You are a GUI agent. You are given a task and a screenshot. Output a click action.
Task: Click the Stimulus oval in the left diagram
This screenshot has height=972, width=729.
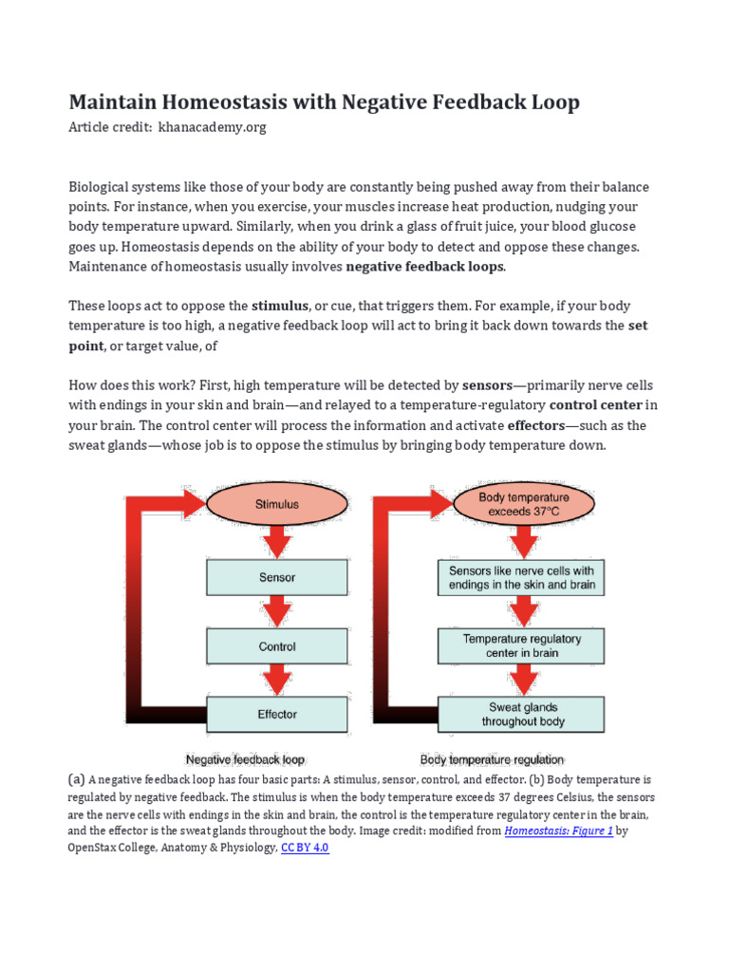coord(277,505)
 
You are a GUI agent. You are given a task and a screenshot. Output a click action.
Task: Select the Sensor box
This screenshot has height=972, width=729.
coord(277,577)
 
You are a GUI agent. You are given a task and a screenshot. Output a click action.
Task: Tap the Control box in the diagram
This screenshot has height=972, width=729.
coord(277,646)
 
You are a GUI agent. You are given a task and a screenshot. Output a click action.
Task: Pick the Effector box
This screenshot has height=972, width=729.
coord(277,714)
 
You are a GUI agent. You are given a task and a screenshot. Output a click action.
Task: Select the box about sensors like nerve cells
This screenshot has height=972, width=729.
coord(521,577)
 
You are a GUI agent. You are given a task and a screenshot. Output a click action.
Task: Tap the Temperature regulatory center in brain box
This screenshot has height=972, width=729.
coord(521,646)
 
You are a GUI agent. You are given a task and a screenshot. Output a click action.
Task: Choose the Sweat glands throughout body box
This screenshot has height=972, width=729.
coord(521,714)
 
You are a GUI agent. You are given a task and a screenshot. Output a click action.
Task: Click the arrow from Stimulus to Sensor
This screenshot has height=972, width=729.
coord(277,541)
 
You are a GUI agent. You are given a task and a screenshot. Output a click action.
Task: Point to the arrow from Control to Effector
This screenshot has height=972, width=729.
coord(277,680)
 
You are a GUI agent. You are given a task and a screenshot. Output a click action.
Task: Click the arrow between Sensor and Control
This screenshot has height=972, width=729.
coord(277,611)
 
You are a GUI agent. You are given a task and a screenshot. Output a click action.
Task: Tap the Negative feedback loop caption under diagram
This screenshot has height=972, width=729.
coord(245,759)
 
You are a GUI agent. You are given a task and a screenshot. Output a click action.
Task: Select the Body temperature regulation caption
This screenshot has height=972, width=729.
coord(492,759)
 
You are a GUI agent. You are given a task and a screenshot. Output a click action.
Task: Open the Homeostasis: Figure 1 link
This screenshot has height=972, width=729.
coord(558,831)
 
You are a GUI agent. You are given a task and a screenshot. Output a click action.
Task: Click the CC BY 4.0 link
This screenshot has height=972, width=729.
coord(305,848)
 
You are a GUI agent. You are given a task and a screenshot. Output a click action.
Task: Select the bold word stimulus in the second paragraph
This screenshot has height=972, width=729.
coord(280,306)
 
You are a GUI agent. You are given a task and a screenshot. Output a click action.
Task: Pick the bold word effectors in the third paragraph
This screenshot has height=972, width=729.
coord(536,425)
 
